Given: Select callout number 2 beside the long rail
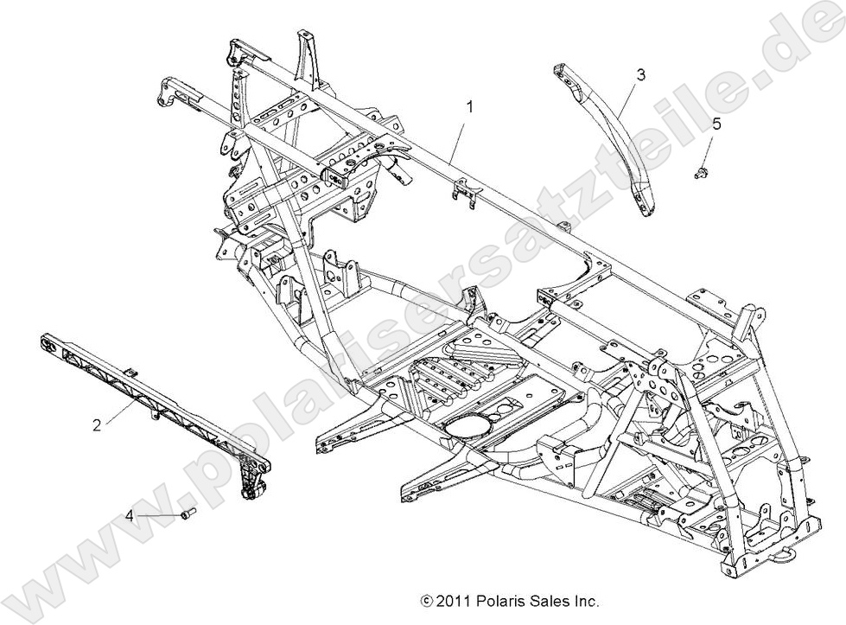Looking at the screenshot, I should [97, 424].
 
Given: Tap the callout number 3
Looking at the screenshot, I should [640, 75].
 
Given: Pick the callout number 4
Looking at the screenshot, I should [130, 515].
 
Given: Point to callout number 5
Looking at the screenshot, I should [716, 124].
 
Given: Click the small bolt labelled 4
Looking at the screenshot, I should [188, 515].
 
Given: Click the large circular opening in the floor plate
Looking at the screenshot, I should [470, 425].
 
